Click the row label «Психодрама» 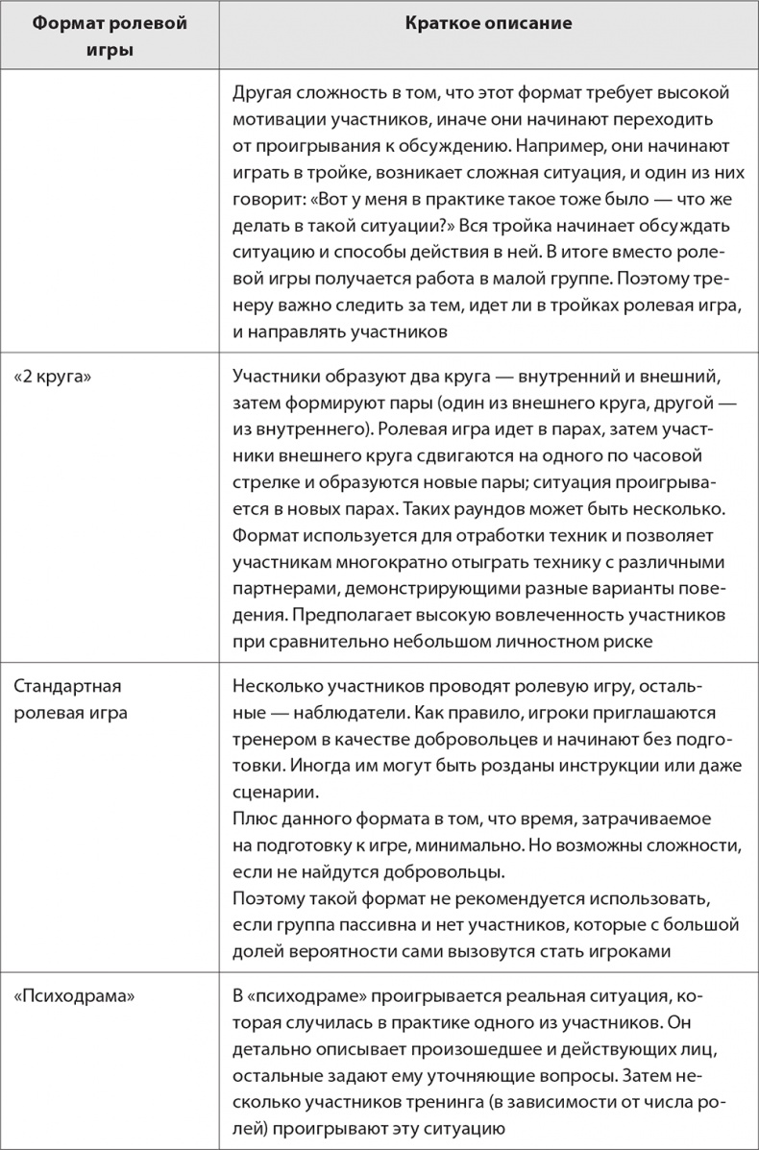74,995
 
